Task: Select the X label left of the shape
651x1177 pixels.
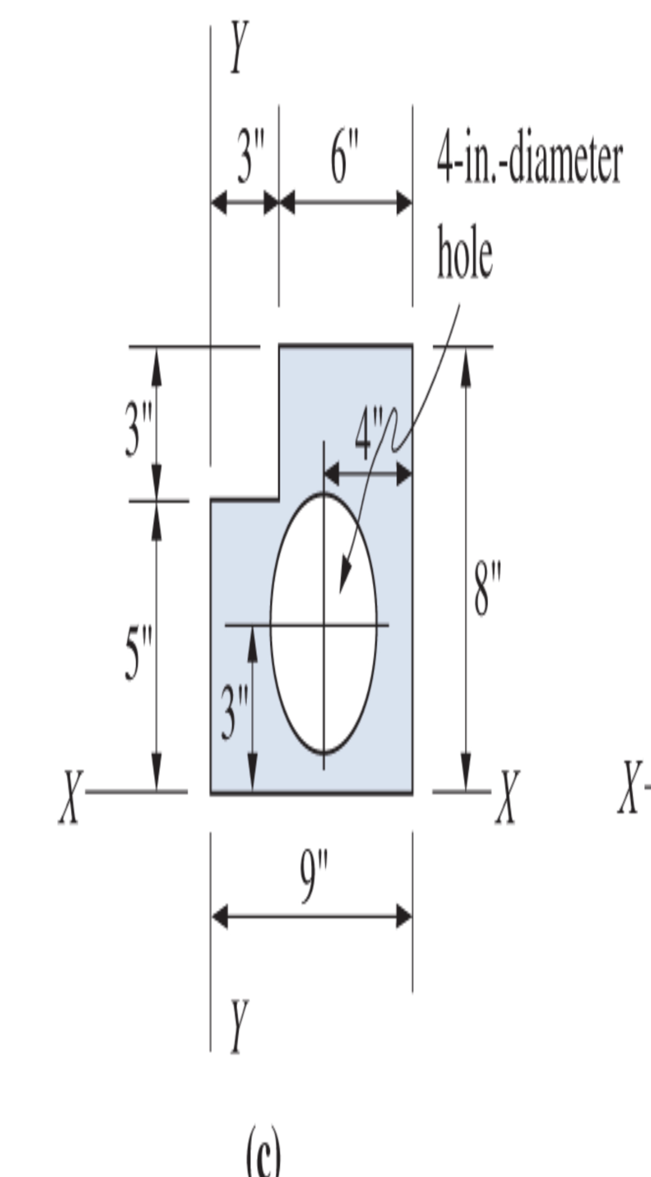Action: click(x=71, y=797)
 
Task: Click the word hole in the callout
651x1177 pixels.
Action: click(x=465, y=253)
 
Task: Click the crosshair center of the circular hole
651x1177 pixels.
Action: click(x=324, y=625)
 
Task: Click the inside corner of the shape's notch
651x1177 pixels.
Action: click(x=279, y=500)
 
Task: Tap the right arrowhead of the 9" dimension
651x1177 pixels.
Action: click(x=406, y=916)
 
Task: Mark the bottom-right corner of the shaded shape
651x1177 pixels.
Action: click(x=412, y=793)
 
